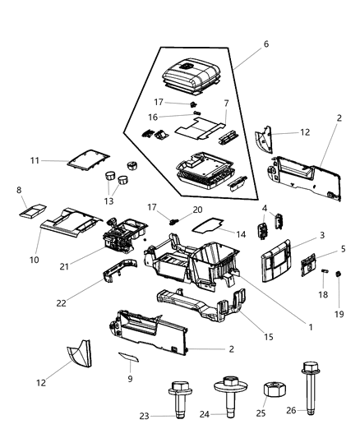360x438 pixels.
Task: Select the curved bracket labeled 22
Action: pos(120,270)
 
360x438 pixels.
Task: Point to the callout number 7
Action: pos(225,104)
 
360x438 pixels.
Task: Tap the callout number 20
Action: pos(197,210)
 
